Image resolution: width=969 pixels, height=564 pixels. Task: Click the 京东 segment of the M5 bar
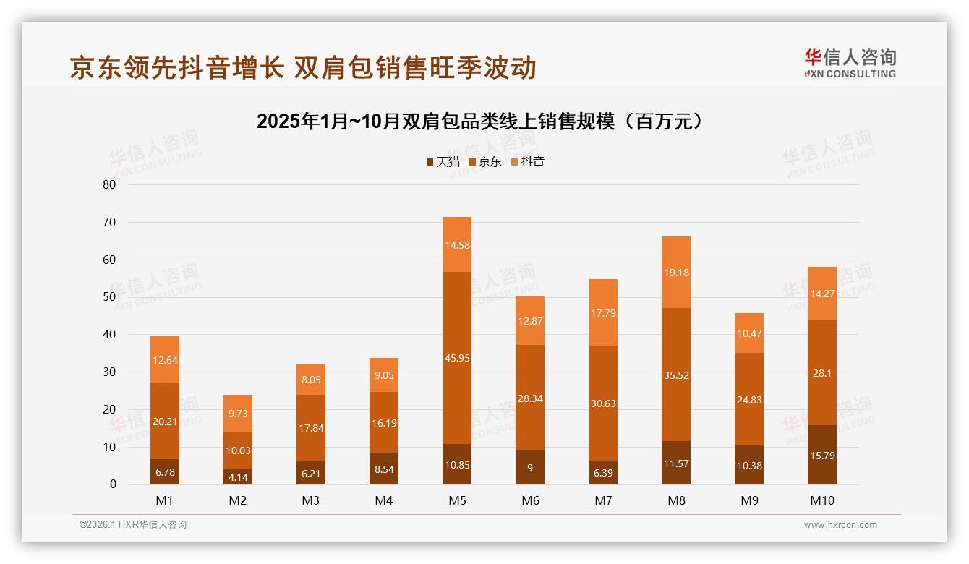coord(457,358)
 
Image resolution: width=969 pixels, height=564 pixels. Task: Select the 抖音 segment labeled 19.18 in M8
coord(676,272)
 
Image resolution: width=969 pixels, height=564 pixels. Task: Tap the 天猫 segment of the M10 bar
coord(822,455)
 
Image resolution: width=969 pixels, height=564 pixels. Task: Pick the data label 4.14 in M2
coord(238,478)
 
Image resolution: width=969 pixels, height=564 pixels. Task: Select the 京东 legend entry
coord(485,162)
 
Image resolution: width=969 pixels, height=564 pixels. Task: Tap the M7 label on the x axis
coord(603,500)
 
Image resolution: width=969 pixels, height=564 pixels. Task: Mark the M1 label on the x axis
coord(165,500)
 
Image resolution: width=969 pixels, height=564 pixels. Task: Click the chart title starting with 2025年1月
coord(480,121)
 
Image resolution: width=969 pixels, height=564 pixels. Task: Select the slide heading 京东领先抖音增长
coord(303,68)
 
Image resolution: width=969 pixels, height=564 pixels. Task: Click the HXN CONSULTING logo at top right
coord(850,64)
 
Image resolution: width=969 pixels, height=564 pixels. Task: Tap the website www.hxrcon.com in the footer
coord(840,525)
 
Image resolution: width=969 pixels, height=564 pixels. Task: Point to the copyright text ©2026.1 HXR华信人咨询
coord(133,525)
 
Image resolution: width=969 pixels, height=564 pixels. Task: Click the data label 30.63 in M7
coord(603,403)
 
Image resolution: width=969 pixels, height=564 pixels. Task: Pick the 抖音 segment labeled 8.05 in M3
coord(311,379)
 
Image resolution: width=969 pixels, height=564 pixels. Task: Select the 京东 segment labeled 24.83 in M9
coord(749,399)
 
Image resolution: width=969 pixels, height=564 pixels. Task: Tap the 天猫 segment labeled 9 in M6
coord(530,468)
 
